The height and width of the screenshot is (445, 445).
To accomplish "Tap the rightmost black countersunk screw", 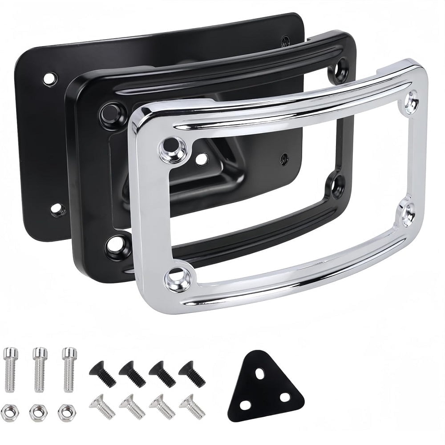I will tap(192, 374).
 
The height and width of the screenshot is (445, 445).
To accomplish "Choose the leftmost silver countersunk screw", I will tap(103, 406).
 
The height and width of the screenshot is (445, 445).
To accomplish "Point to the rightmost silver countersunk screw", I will tap(192, 406).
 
